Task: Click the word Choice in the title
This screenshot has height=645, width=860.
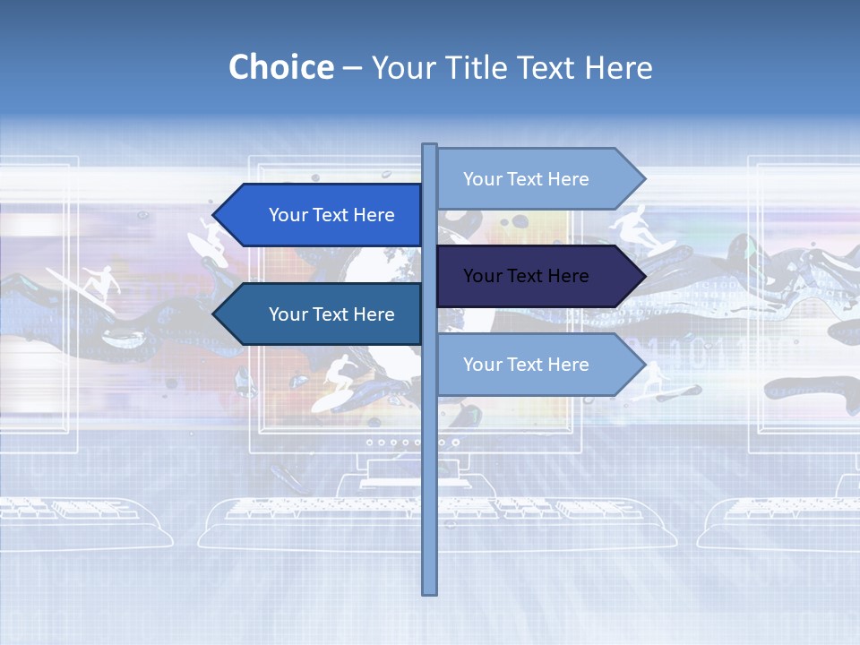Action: pos(280,67)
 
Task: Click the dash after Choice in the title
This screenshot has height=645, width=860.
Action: pos(352,67)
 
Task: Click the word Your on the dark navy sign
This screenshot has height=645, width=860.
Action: pos(481,276)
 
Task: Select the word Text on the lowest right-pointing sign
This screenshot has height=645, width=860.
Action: pos(526,365)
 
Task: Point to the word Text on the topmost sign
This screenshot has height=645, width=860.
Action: pos(526,179)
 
